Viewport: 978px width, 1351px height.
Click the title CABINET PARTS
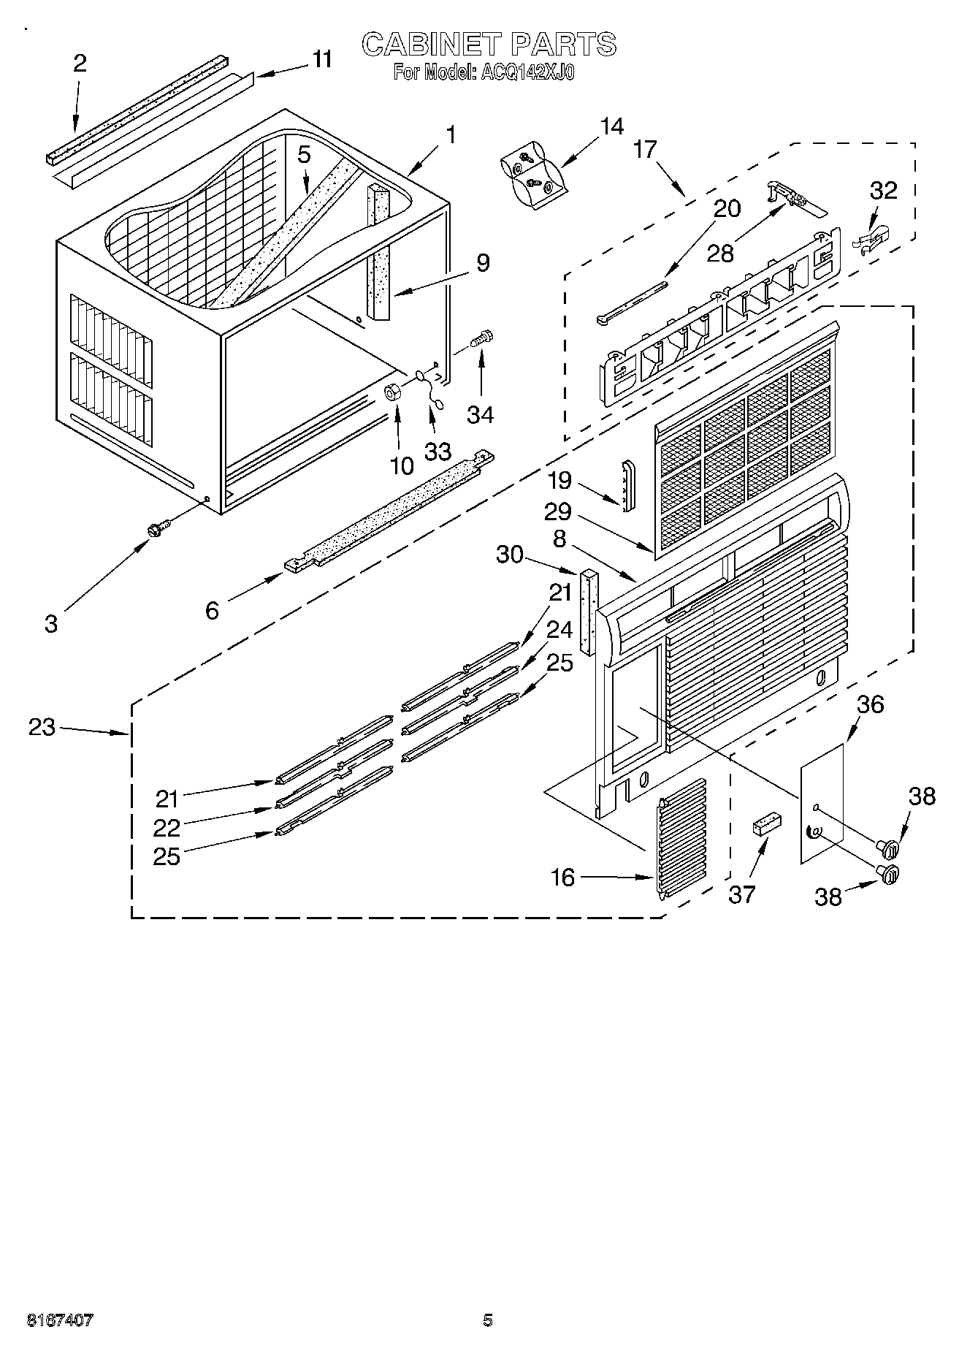pos(489,45)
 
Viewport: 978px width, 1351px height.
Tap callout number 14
pos(612,126)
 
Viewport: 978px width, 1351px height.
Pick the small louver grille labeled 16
pos(684,837)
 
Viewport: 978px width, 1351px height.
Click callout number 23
pos(42,727)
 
